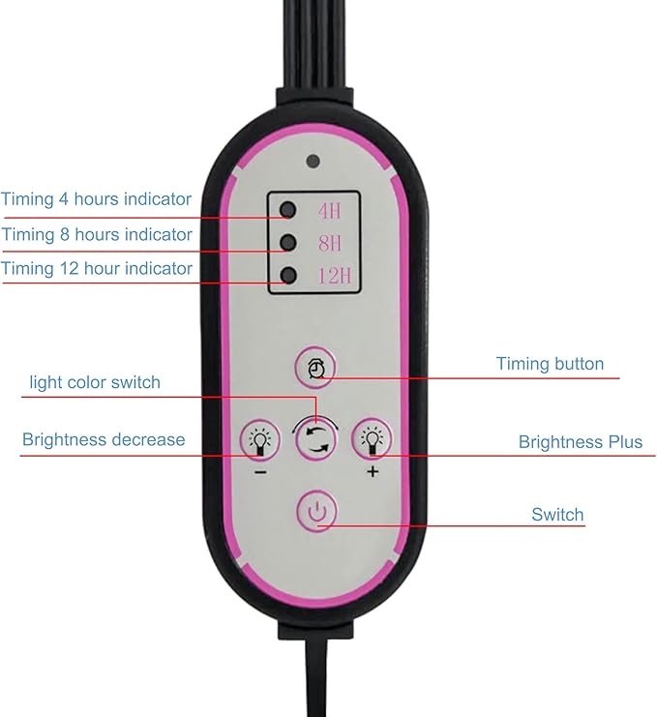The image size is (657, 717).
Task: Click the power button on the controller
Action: click(316, 511)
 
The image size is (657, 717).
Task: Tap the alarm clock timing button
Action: click(315, 368)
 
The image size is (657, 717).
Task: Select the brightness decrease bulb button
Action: click(259, 440)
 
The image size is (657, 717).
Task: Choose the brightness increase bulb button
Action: click(372, 439)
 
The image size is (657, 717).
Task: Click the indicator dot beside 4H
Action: click(288, 209)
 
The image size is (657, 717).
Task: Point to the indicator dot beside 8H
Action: click(288, 242)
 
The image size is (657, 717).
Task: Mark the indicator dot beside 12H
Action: click(288, 275)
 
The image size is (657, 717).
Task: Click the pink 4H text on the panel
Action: click(330, 211)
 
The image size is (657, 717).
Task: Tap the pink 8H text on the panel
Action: click(330, 243)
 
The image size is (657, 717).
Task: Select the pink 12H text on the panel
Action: click(335, 276)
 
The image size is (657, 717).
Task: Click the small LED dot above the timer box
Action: click(314, 161)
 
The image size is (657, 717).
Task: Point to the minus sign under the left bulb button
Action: click(260, 472)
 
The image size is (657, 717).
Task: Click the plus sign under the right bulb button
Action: click(373, 471)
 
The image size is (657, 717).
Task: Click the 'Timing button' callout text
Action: click(550, 364)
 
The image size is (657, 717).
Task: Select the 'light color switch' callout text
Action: click(95, 382)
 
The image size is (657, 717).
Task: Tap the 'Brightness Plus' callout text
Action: click(581, 442)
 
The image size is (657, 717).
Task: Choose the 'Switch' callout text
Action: click(557, 515)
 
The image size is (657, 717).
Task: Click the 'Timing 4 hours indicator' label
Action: click(96, 199)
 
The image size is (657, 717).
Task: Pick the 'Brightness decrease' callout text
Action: click(104, 440)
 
